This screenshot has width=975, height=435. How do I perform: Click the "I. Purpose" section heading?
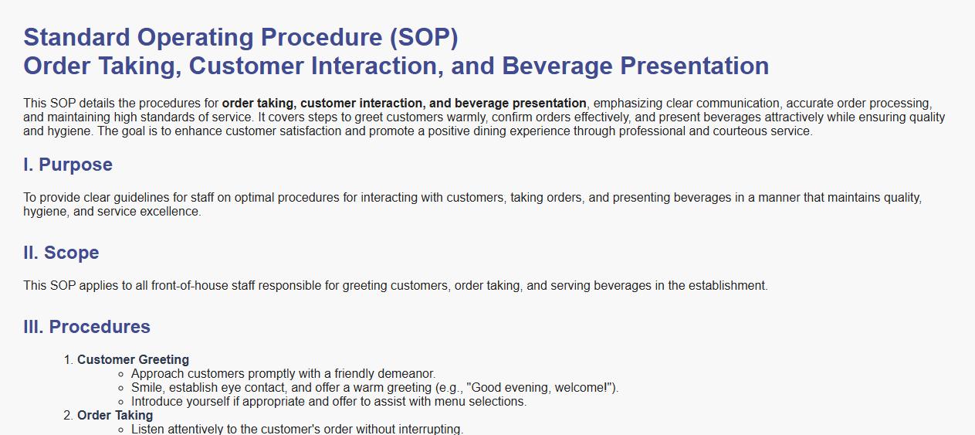(68, 165)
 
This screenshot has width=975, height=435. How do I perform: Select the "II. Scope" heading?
(62, 253)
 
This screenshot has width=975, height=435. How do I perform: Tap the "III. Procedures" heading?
(86, 327)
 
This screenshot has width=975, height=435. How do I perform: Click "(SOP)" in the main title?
(424, 37)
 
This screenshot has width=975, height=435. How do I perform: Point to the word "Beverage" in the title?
(557, 66)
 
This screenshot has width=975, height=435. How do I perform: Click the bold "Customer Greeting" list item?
(134, 360)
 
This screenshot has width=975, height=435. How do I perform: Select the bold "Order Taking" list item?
(115, 416)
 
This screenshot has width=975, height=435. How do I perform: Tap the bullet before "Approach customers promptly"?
(121, 375)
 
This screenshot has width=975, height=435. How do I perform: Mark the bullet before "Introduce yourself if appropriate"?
(121, 403)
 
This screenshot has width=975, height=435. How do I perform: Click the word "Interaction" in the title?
(377, 66)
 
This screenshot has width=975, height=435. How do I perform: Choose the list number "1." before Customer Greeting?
(69, 360)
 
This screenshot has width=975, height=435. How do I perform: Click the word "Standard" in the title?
(76, 37)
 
